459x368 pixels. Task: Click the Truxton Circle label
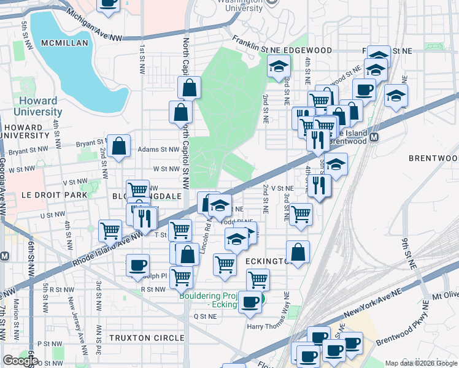147,338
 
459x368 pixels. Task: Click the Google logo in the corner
20,361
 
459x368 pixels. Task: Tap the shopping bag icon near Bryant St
119,147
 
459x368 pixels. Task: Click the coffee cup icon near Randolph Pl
137,266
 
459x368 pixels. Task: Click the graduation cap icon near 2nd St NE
279,66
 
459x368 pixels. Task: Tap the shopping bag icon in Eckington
298,252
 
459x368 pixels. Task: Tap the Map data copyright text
421,363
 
